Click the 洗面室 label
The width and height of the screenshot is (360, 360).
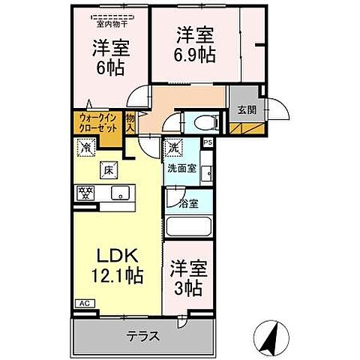coord(181,169)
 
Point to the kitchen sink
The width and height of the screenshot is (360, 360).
coord(120,193)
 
